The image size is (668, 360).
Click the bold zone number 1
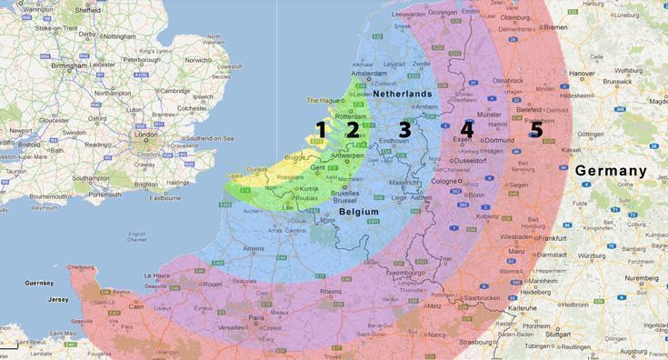pyautogui.click(x=320, y=130)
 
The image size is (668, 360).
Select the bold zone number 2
pyautogui.click(x=352, y=130)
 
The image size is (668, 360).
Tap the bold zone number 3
pyautogui.click(x=404, y=130)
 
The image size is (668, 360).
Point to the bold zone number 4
pyautogui.click(x=467, y=130)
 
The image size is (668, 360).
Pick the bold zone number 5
pyautogui.click(x=536, y=130)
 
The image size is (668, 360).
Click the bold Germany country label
pyautogui.click(x=610, y=171)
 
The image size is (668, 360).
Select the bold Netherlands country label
pyautogui.click(x=401, y=95)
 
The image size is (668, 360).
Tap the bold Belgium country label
pyautogui.click(x=358, y=211)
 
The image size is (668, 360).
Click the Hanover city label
pyautogui.click(x=582, y=74)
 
